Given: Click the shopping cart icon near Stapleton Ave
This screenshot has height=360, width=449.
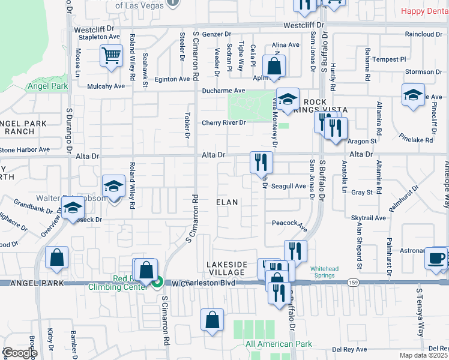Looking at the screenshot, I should pyautogui.click(x=111, y=56).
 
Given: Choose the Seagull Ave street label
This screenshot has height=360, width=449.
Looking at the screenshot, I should pyautogui.click(x=288, y=186).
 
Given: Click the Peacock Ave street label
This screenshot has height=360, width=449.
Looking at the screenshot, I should pyautogui.click(x=289, y=223).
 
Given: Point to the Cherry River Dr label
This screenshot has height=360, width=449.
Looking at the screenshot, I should pyautogui.click(x=224, y=122).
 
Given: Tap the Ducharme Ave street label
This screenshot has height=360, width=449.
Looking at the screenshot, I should pyautogui.click(x=223, y=91).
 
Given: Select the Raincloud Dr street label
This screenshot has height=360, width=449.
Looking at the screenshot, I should pyautogui.click(x=423, y=34).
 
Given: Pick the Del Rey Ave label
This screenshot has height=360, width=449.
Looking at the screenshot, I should pyautogui.click(x=350, y=349).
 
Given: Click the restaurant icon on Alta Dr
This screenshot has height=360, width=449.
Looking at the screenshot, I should pyautogui.click(x=262, y=161).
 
